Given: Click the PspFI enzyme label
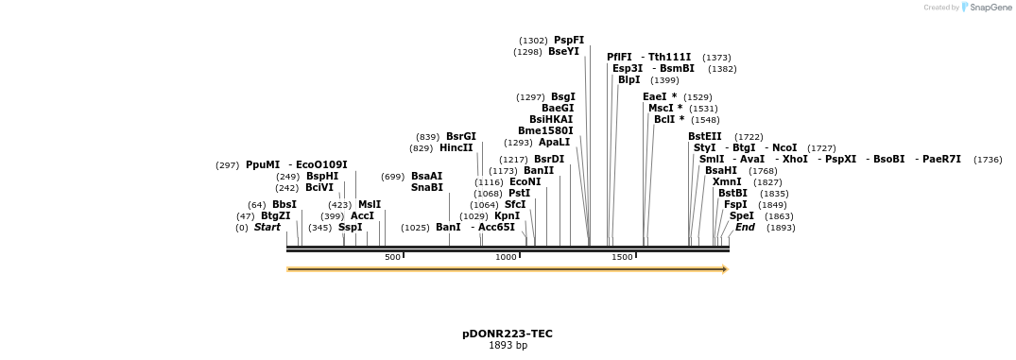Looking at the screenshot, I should pyautogui.click(x=569, y=41).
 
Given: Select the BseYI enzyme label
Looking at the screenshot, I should pyautogui.click(x=563, y=52).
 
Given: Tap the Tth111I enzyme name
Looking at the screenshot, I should pyautogui.click(x=669, y=58).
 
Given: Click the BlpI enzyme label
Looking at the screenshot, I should pyautogui.click(x=629, y=80).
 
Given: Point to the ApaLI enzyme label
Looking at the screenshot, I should pyautogui.click(x=555, y=143).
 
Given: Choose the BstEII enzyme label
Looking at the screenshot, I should pyautogui.click(x=704, y=137).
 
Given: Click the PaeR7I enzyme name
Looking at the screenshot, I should pyautogui.click(x=941, y=160).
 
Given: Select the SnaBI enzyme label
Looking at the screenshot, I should pyautogui.click(x=426, y=188).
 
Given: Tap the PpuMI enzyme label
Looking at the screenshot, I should pyautogui.click(x=263, y=165).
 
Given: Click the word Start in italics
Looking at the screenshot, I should pyautogui.click(x=267, y=228).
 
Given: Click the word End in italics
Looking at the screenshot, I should pyautogui.click(x=745, y=228).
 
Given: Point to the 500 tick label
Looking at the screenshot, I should pyautogui.click(x=392, y=257).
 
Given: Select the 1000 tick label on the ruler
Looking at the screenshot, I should pyautogui.click(x=507, y=257).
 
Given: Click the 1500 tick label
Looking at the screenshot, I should pyautogui.click(x=622, y=257).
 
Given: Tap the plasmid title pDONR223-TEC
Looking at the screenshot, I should pyautogui.click(x=508, y=334).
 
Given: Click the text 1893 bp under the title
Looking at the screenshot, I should pyautogui.click(x=508, y=346).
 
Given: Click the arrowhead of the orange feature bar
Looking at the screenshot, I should pyautogui.click(x=725, y=269).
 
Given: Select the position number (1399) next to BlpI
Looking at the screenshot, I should pyautogui.click(x=664, y=80).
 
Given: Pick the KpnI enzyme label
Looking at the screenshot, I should pyautogui.click(x=507, y=216).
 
